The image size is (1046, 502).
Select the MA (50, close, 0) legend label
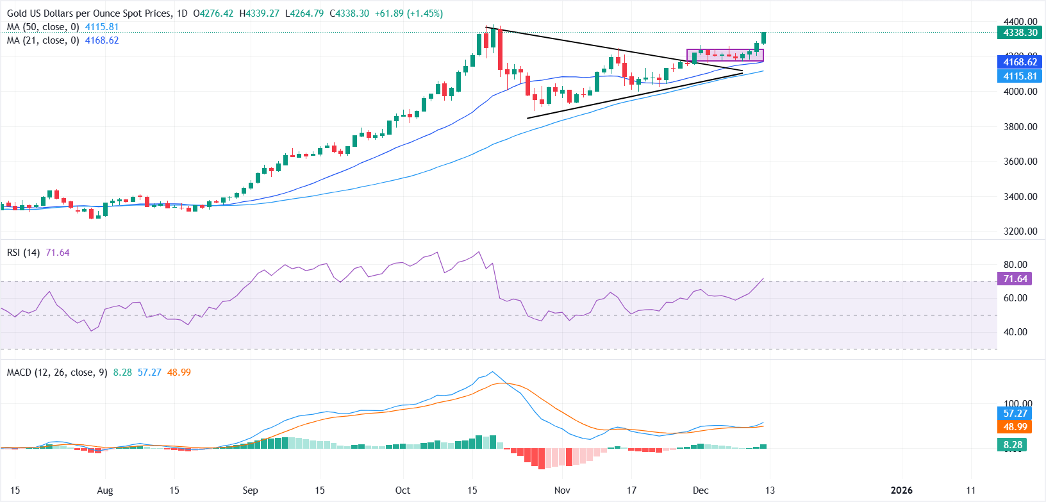point(44,27)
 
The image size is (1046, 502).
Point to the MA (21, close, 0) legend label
point(44,40)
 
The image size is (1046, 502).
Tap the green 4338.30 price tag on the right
point(1020,33)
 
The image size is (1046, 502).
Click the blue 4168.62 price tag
point(1020,62)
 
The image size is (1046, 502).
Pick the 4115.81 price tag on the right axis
point(1020,76)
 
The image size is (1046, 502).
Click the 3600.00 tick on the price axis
point(1020,162)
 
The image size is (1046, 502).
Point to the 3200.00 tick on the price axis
point(1020,231)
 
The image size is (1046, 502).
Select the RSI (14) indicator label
point(23,253)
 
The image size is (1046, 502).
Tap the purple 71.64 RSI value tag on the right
point(1015,279)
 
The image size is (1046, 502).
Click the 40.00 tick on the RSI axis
point(1015,332)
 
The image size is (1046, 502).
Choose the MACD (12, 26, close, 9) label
point(57,372)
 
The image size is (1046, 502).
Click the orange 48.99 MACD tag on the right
point(1015,427)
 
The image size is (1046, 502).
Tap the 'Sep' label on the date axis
point(250,490)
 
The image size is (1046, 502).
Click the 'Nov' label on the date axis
point(562,490)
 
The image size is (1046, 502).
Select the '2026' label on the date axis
point(901,490)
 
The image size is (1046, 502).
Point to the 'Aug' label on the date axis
point(105,490)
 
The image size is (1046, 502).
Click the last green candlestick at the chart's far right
point(764,38)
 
